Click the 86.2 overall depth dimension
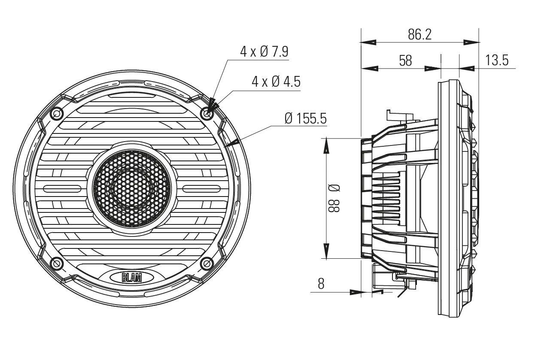(x=419, y=35)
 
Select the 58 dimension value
(x=405, y=61)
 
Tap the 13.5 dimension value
(x=497, y=61)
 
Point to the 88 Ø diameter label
(x=334, y=198)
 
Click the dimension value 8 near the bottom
(x=321, y=284)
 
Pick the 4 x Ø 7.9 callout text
(x=264, y=52)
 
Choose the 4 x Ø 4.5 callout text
(x=276, y=82)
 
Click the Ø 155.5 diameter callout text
(x=305, y=118)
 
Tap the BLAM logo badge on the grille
(x=132, y=278)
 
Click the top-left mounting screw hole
(x=57, y=113)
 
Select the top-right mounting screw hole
(x=208, y=113)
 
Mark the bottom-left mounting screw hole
(x=57, y=263)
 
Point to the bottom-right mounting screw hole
(x=208, y=263)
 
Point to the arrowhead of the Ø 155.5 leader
(x=231, y=142)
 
